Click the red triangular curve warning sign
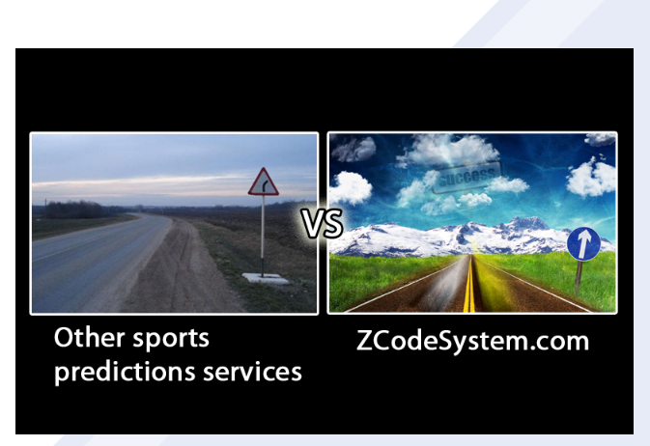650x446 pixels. (x=264, y=182)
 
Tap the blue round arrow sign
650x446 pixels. (x=583, y=243)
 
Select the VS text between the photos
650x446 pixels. (x=322, y=223)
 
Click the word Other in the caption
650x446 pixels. (x=89, y=338)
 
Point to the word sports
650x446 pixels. (x=171, y=340)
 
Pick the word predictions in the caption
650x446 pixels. (x=125, y=372)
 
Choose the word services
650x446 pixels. (x=252, y=372)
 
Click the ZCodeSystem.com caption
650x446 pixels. (x=472, y=341)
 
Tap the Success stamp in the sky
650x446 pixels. (x=466, y=177)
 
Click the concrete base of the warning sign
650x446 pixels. (x=266, y=278)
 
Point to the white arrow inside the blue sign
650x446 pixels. (x=583, y=243)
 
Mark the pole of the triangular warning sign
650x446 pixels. (x=263, y=236)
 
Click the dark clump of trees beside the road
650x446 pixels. (x=73, y=209)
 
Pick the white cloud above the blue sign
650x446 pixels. (x=591, y=178)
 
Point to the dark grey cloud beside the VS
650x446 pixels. (x=354, y=150)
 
